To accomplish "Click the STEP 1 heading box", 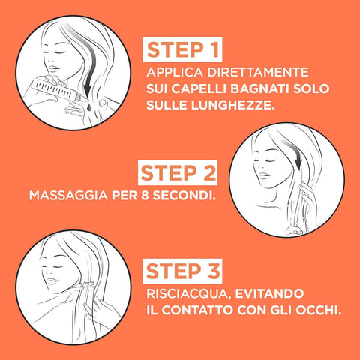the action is coord(182,49).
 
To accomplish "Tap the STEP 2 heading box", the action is coord(178,172).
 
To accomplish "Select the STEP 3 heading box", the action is coord(182,271).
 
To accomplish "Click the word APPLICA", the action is coord(175,72).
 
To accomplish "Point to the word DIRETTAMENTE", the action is coord(258,72).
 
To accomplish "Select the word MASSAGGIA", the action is coord(68,195).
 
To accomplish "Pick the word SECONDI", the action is coord(184,195).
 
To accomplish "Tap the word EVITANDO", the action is coord(269,293).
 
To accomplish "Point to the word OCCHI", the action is coord(319,310).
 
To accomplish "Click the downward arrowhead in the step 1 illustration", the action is coord(88,89).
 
